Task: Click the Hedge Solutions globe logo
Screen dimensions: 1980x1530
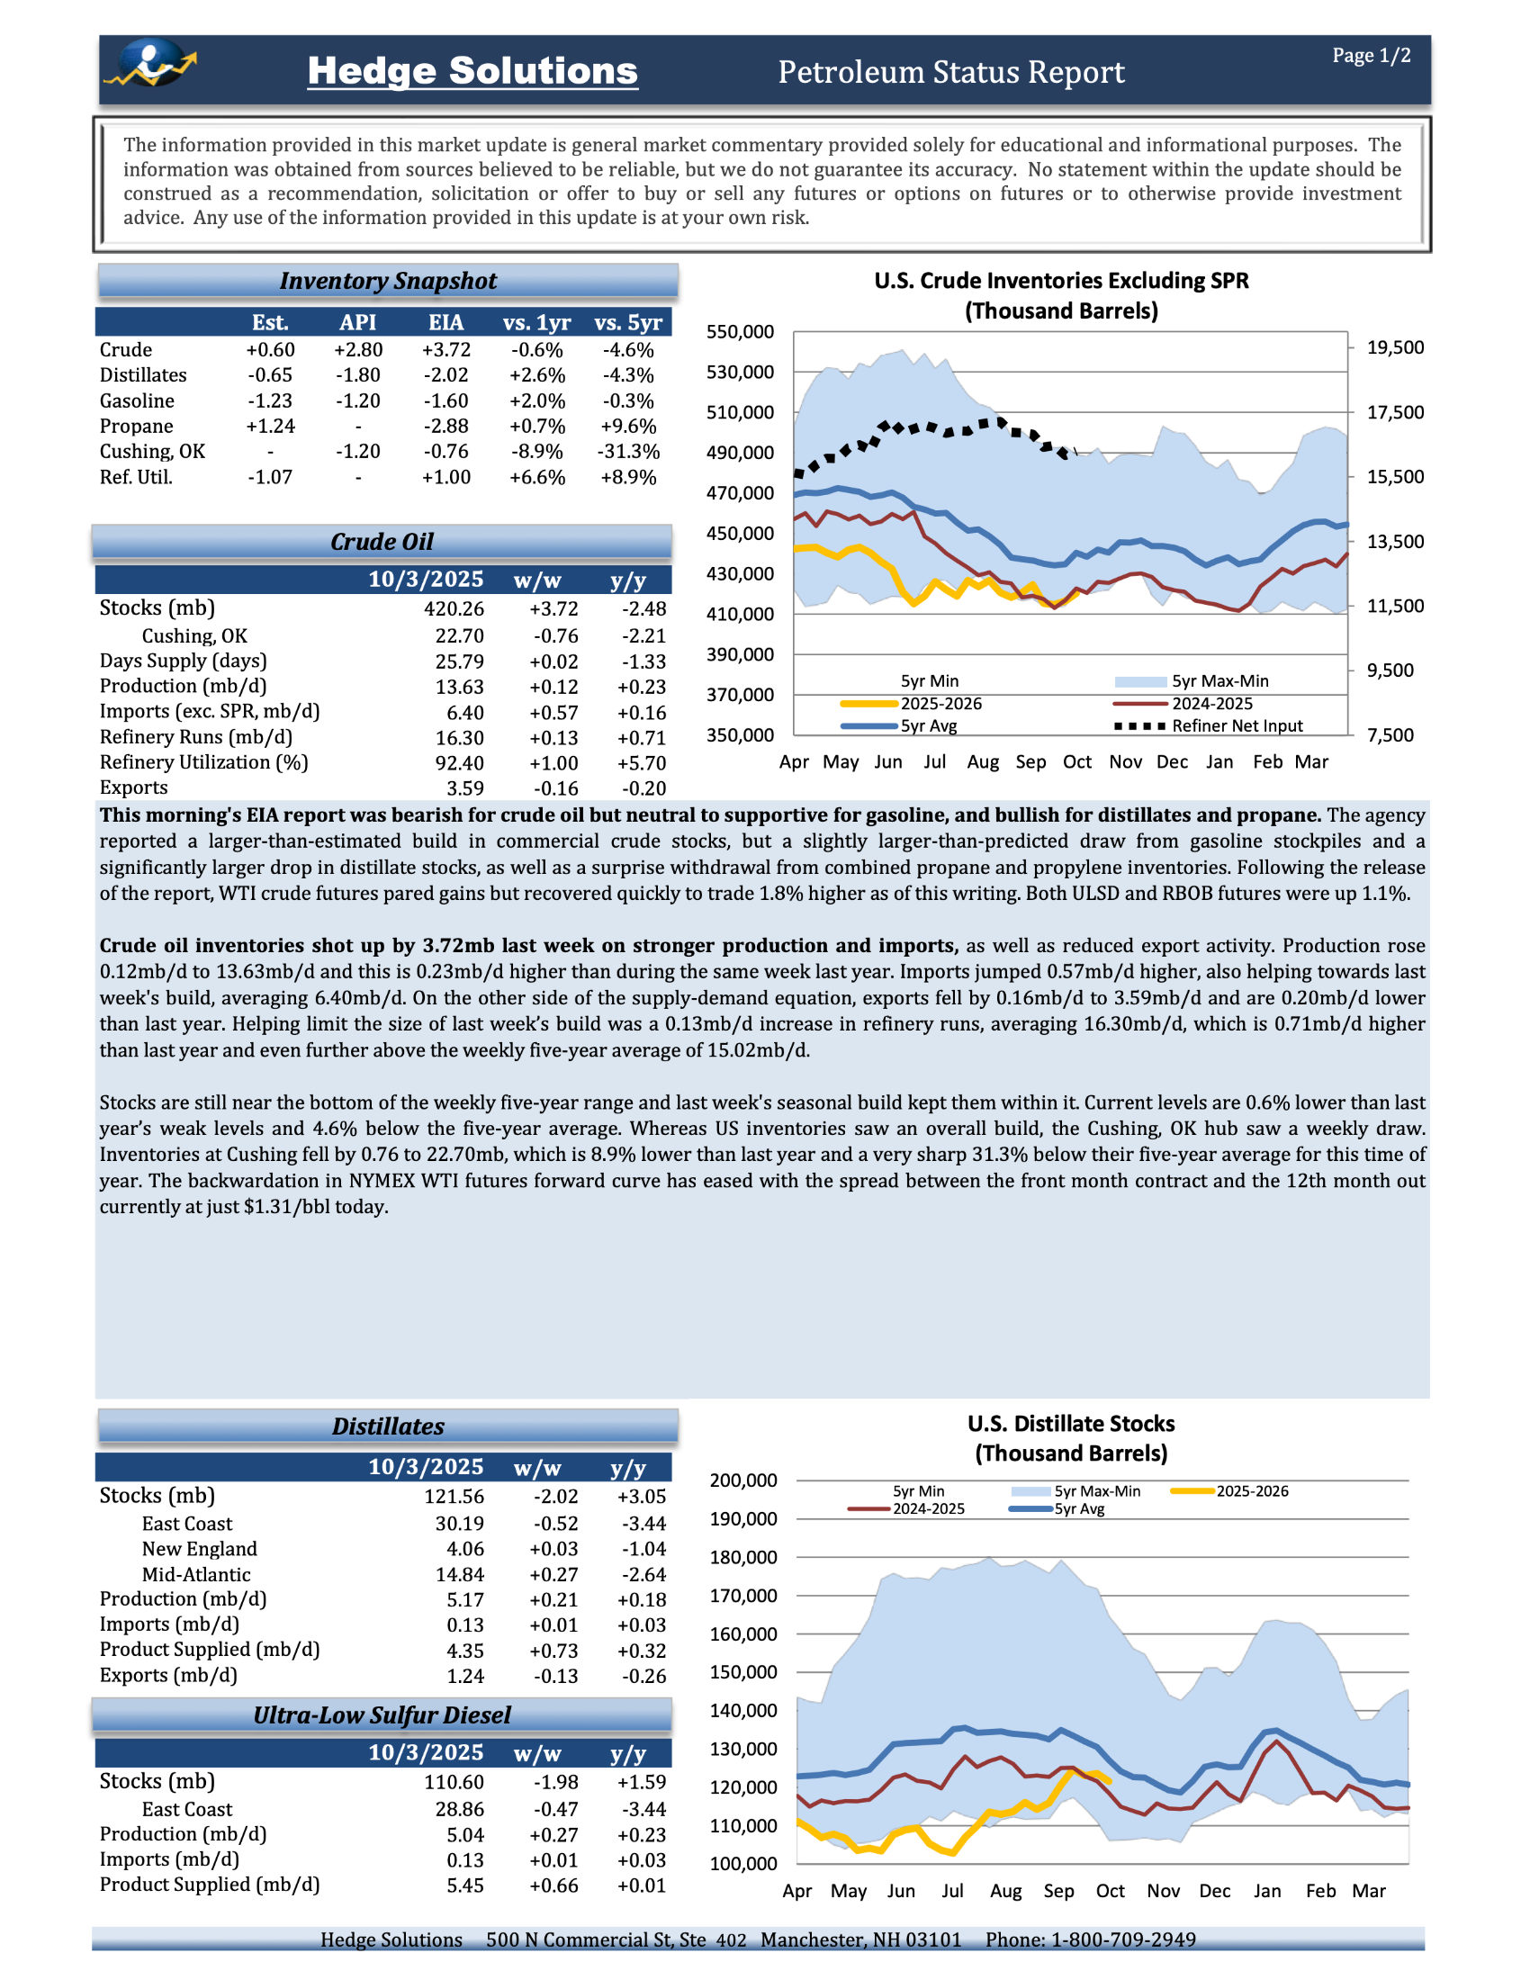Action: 151,64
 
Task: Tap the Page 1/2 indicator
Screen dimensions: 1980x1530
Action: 1371,56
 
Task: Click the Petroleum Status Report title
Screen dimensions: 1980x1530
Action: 950,72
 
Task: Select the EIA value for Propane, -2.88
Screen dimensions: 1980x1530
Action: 445,426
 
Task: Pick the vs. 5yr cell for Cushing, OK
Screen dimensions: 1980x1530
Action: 628,452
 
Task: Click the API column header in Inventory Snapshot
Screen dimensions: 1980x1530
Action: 358,323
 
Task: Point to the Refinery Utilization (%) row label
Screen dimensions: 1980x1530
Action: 204,762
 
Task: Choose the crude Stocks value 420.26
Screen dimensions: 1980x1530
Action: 454,608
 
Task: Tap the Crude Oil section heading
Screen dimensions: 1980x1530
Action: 382,542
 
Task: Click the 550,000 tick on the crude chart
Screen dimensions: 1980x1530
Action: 741,332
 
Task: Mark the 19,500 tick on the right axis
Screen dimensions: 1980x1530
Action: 1395,347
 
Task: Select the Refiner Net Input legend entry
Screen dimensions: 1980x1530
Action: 1237,726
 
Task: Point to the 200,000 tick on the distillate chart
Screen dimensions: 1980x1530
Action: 743,1480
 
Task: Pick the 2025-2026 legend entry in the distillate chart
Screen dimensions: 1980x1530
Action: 1251,1491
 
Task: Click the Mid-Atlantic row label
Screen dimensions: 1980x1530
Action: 196,1575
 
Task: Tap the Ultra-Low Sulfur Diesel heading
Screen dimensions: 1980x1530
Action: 382,1715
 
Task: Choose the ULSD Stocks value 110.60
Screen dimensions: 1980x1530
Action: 454,1782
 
